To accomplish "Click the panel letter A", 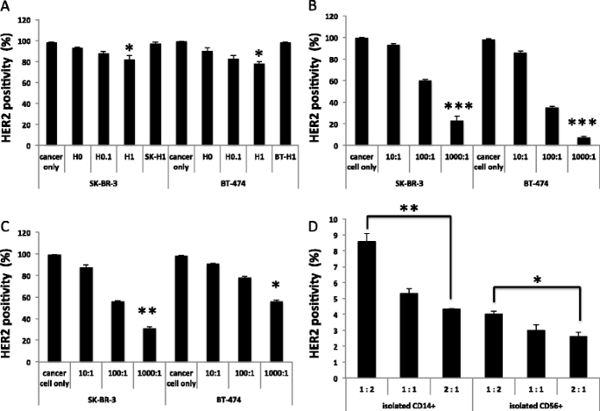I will (x=7, y=8).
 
